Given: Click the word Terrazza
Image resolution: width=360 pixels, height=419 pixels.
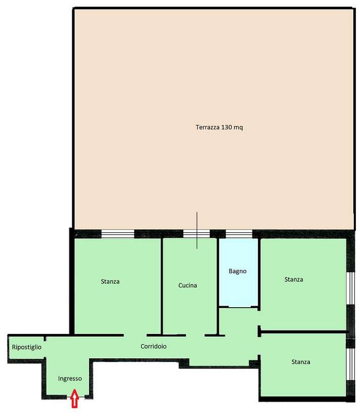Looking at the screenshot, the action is point(207,127).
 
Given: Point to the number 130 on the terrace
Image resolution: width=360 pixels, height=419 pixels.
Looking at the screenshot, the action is point(227,127).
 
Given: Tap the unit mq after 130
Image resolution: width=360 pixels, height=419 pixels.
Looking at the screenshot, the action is point(238,128).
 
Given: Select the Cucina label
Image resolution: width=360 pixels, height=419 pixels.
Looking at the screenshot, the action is point(188,285).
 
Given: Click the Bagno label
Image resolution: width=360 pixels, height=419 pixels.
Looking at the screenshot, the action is point(238,272).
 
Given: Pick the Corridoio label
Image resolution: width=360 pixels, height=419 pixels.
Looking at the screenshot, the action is point(154,346).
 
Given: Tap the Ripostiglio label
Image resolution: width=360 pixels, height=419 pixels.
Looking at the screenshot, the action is point(27,347).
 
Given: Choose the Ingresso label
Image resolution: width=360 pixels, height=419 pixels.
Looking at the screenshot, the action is point(70,379).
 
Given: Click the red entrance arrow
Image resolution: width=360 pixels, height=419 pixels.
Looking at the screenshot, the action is point(74,398).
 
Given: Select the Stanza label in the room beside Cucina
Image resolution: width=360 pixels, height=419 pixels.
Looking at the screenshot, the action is point(110,282).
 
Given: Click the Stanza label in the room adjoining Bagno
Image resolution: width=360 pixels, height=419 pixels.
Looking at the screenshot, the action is point(294,279).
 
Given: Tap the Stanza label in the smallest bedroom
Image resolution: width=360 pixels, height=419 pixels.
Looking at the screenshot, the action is point(301,362).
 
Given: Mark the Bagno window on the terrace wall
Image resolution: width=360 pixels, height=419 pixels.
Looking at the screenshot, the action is point(239,234).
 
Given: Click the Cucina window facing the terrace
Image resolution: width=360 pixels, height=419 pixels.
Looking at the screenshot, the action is point(197,234).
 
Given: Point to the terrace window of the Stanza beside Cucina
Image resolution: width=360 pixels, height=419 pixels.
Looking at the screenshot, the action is point(118,234).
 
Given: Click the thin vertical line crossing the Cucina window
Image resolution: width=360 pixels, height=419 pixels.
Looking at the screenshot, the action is point(197,230).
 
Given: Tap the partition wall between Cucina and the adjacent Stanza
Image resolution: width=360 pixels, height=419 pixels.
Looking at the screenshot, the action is point(162,286).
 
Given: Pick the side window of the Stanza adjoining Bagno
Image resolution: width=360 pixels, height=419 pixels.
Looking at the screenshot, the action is point(351,288).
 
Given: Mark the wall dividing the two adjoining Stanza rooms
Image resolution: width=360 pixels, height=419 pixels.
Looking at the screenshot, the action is point(303,332).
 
